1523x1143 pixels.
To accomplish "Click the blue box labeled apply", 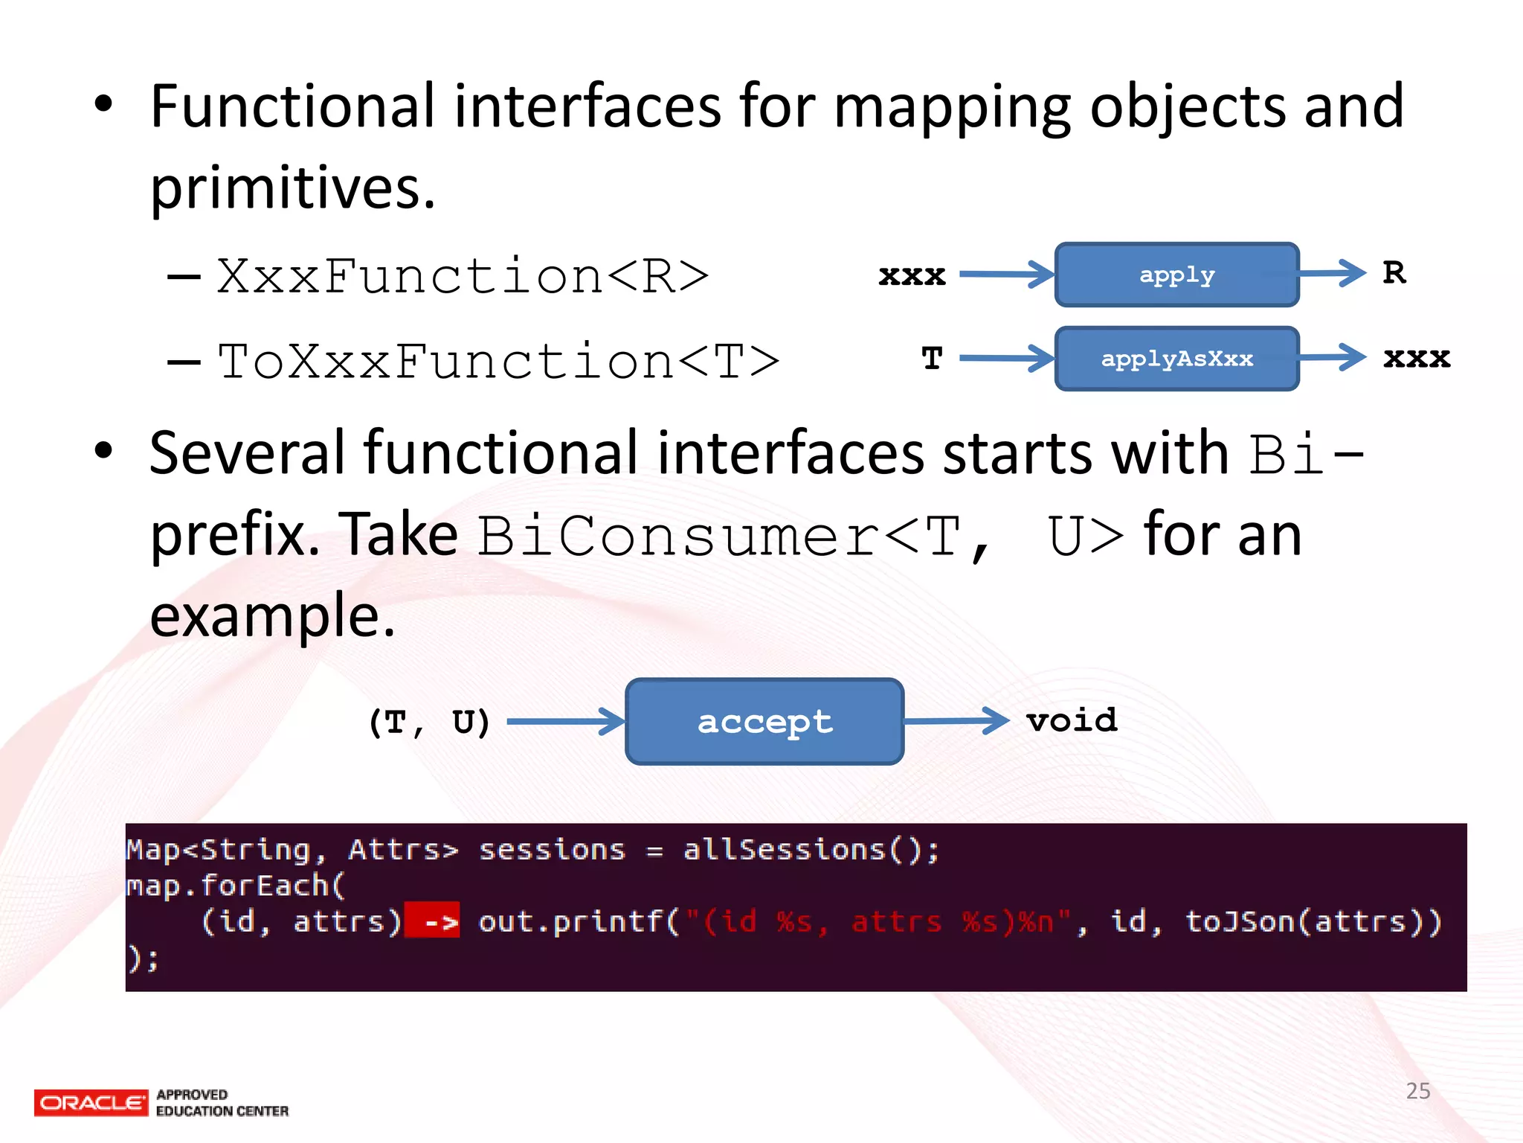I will pos(1176,275).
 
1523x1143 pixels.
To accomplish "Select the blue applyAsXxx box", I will pos(1176,359).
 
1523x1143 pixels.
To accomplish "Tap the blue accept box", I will pos(764,721).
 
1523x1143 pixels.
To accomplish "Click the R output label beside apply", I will pos(1394,272).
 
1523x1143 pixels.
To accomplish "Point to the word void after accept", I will pos(1072,720).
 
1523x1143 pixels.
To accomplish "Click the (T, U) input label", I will pos(429,722).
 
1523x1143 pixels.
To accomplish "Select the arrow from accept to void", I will pos(956,720).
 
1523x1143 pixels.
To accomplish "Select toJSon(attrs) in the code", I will pos(1313,922).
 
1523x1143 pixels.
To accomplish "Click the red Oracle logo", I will pos(91,1102).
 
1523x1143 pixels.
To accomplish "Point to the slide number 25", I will pos(1418,1091).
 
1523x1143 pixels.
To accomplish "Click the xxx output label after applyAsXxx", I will pos(1417,358).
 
